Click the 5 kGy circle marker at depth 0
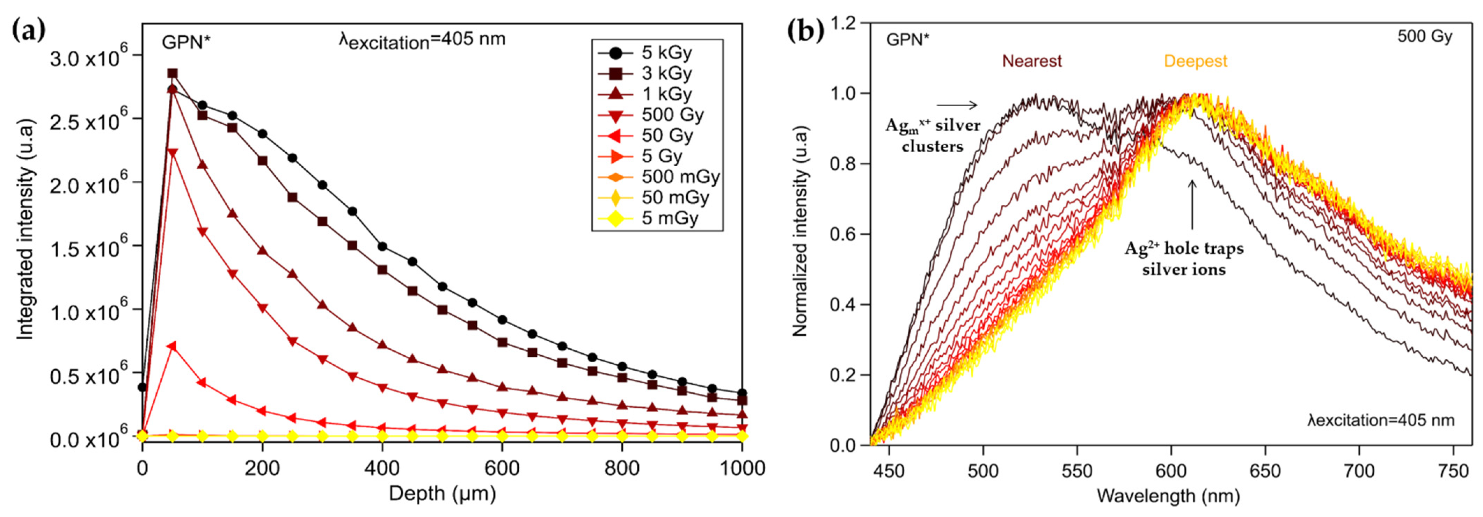click(x=142, y=387)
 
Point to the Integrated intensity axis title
click(x=24, y=230)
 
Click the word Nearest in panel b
click(x=1032, y=61)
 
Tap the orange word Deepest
click(x=1195, y=61)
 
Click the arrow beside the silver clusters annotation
click(x=957, y=105)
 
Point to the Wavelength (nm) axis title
click(x=1168, y=496)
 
